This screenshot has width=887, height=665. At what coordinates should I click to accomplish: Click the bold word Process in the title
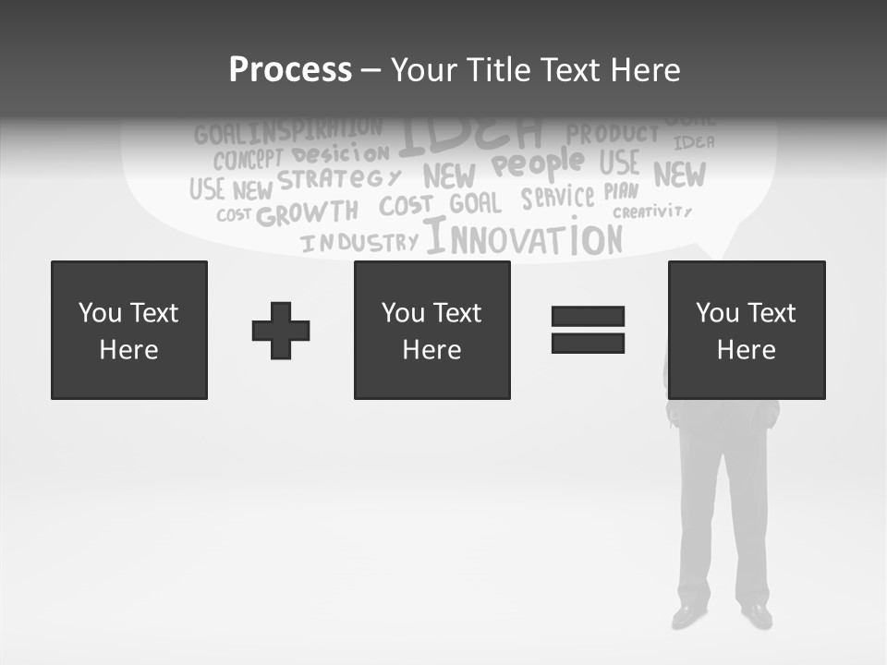(290, 70)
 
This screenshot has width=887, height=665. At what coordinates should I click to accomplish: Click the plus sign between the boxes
(281, 330)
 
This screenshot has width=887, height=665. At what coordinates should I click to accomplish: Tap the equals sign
(588, 330)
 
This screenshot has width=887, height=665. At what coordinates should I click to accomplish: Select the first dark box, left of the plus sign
(129, 330)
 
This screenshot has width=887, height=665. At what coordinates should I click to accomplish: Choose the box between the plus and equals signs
(431, 330)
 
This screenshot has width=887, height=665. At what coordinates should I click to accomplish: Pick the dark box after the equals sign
(746, 330)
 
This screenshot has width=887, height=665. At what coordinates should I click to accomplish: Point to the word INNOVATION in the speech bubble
(524, 238)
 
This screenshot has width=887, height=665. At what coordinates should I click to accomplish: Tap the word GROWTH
(307, 213)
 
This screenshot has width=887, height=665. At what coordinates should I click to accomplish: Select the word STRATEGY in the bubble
(340, 179)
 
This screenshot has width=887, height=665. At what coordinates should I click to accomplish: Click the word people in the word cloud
(538, 164)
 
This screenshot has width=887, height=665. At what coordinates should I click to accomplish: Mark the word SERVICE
(557, 197)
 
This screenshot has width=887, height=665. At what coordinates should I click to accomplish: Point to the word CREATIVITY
(652, 212)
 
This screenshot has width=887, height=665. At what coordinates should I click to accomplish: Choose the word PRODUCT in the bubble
(613, 135)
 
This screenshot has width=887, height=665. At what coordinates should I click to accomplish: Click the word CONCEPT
(248, 159)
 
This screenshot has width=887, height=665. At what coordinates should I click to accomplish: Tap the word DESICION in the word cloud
(341, 153)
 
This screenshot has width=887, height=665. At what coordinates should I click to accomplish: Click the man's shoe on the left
(689, 614)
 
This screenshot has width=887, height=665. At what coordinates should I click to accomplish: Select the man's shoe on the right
(757, 614)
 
